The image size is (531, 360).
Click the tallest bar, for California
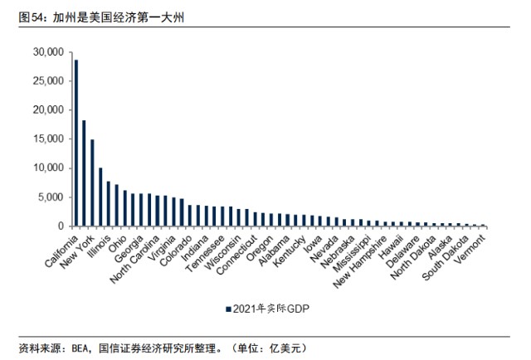click(76, 143)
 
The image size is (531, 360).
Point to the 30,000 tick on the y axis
click(71, 52)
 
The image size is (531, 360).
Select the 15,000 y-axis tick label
click(48, 139)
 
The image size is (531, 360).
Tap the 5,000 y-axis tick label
click(51, 197)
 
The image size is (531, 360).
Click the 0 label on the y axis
click(61, 226)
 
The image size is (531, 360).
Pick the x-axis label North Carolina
click(134, 259)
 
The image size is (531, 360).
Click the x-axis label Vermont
click(470, 249)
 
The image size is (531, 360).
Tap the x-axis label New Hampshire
click(359, 262)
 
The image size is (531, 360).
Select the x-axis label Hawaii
click(392, 247)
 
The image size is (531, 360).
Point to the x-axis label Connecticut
click(237, 255)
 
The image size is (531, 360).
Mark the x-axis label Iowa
click(313, 244)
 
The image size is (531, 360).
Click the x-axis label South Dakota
click(446, 258)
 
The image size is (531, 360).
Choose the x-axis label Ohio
click(118, 244)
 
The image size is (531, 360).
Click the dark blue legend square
click(229, 309)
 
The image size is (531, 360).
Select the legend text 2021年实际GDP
click(271, 309)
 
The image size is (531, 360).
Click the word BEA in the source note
click(80, 348)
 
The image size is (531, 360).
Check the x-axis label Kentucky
click(290, 251)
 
